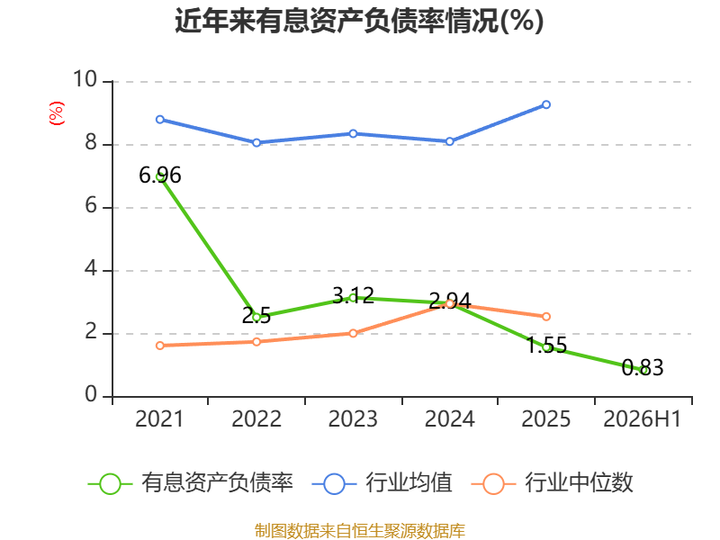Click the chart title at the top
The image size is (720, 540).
click(x=359, y=21)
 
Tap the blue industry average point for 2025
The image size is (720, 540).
click(x=546, y=104)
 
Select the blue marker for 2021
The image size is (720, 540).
click(x=160, y=120)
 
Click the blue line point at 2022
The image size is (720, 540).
click(x=256, y=143)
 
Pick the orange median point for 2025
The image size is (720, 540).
click(x=546, y=317)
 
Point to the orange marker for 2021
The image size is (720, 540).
click(x=160, y=346)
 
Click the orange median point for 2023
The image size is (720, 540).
click(x=353, y=333)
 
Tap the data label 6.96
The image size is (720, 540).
click(x=160, y=175)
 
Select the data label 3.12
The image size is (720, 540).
click(x=353, y=295)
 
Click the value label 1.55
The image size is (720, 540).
click(x=546, y=346)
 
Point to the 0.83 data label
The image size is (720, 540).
click(x=643, y=368)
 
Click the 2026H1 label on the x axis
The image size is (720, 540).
click(x=642, y=418)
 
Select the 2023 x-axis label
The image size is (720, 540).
click(x=353, y=418)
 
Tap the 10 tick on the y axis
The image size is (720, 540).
click(x=85, y=79)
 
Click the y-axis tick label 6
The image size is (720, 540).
click(x=91, y=205)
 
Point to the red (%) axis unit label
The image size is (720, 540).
click(x=57, y=113)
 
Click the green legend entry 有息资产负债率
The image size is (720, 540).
click(x=191, y=482)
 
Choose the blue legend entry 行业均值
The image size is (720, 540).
click(x=382, y=482)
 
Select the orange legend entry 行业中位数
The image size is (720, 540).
click(x=553, y=482)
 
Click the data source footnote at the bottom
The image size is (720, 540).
click(x=360, y=531)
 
